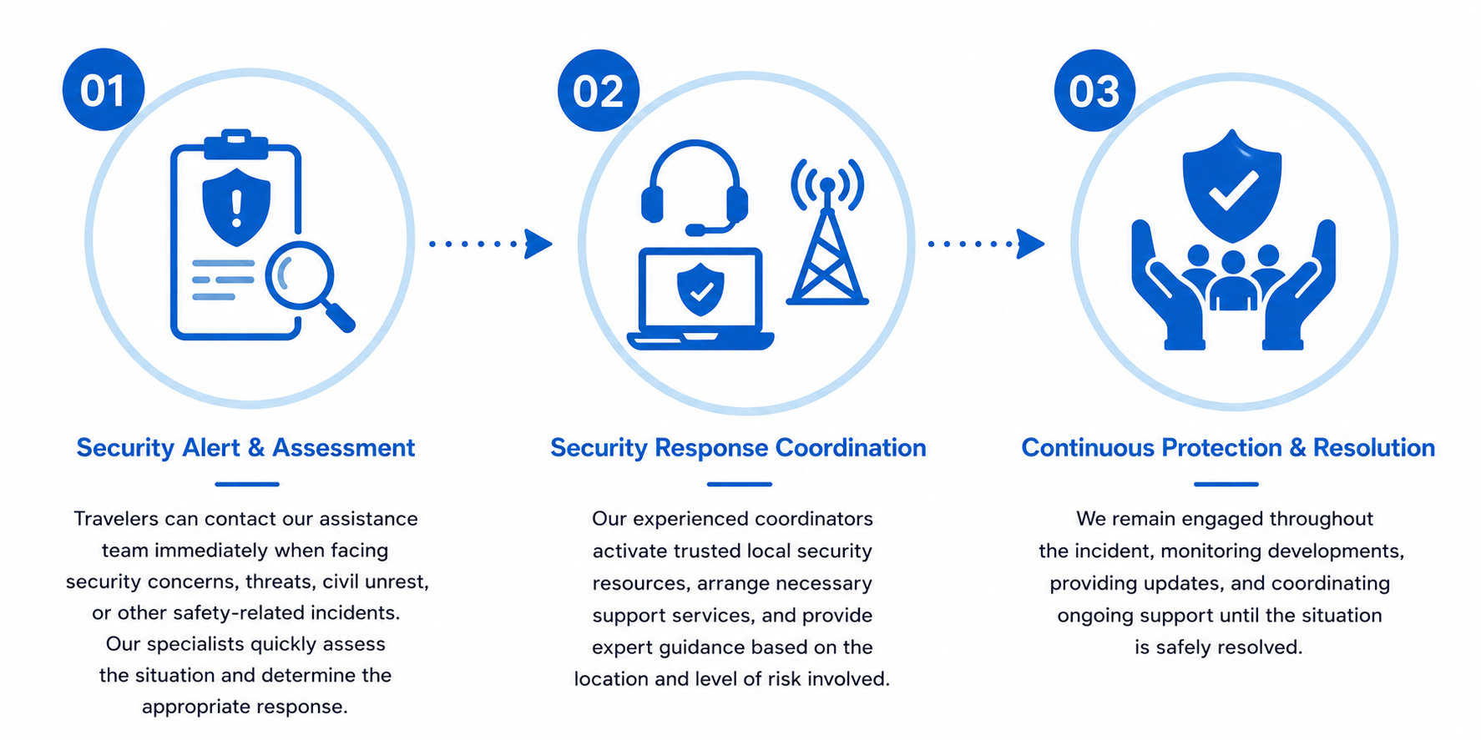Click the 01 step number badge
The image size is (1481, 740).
click(104, 89)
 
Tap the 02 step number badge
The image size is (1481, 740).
click(599, 90)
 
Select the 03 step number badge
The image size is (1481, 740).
click(1094, 90)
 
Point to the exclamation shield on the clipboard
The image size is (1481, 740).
click(236, 207)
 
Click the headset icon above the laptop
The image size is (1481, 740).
click(695, 188)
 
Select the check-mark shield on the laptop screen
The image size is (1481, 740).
click(700, 289)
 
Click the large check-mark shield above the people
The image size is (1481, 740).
click(1232, 185)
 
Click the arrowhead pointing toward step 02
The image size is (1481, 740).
click(538, 244)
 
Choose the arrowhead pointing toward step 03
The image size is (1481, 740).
click(1031, 244)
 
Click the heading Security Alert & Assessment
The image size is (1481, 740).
click(245, 448)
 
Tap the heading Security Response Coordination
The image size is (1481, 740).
click(738, 448)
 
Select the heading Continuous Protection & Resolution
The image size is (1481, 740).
click(1228, 448)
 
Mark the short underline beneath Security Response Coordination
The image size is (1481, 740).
click(740, 484)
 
